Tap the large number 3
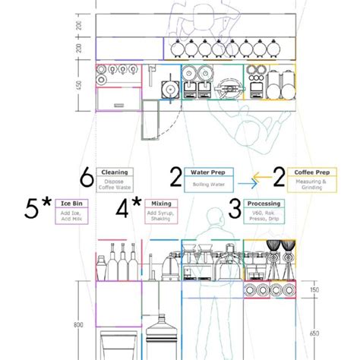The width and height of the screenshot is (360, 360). [x=235, y=207]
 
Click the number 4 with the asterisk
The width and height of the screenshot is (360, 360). [x=126, y=208]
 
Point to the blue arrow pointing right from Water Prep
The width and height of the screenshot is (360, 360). [x=243, y=183]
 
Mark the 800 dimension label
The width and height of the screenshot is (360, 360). [x=80, y=325]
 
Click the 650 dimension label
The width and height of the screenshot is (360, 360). [x=314, y=333]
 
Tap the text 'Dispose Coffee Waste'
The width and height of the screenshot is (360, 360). [x=114, y=185]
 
